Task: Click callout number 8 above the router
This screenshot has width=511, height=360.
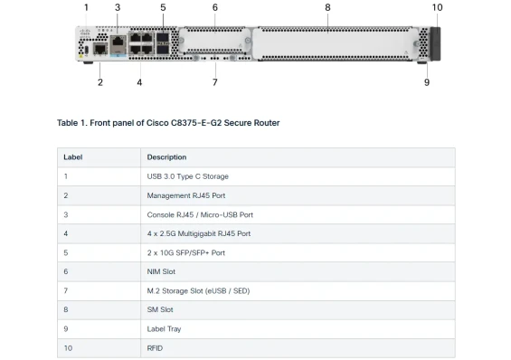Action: (326, 7)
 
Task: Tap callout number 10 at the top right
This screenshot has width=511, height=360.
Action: (437, 7)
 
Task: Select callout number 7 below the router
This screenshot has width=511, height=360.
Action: (214, 82)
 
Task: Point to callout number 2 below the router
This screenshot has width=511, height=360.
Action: (99, 82)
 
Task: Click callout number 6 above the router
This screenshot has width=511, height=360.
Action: (214, 7)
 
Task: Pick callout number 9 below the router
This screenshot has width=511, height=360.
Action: (426, 82)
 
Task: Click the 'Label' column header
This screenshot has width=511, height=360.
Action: (72, 157)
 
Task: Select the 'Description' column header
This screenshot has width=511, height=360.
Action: (166, 157)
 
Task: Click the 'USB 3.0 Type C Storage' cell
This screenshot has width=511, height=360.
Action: (188, 176)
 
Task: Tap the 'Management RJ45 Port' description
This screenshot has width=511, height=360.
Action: (186, 195)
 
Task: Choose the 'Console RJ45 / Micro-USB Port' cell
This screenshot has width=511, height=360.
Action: (200, 214)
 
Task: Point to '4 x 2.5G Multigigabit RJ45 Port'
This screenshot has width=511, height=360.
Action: (199, 233)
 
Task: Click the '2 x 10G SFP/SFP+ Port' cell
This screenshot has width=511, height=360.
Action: (186, 252)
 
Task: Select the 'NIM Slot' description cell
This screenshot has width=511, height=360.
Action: (162, 271)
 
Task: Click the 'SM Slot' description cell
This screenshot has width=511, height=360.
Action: (160, 309)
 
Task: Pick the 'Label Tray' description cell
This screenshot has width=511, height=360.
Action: (164, 328)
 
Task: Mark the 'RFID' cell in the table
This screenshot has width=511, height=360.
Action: (156, 347)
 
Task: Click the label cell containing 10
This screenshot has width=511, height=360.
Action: (68, 347)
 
